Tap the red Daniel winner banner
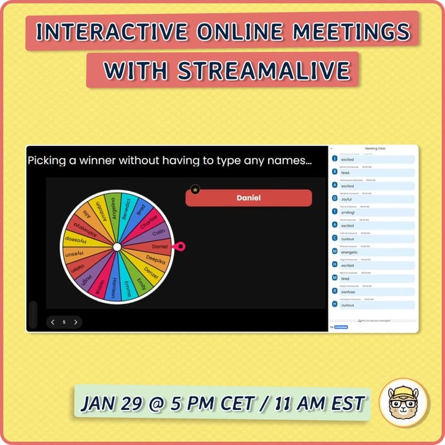pyautogui.click(x=248, y=197)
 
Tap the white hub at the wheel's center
pyautogui.click(x=117, y=246)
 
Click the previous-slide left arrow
pyautogui.click(x=53, y=322)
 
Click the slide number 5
pyautogui.click(x=64, y=322)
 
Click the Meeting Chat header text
pyautogui.click(x=374, y=149)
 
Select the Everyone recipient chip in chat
pyautogui.click(x=341, y=327)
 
